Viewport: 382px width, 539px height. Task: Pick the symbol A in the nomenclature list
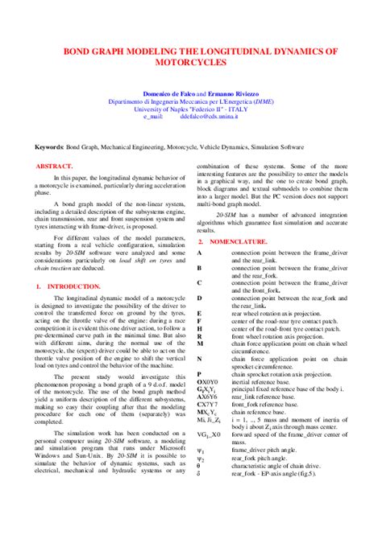[x=199, y=253]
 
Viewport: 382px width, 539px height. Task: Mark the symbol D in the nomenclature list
[x=199, y=298]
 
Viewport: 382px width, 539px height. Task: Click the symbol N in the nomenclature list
[x=199, y=358]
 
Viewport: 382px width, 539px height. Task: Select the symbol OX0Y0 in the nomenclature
[x=207, y=382]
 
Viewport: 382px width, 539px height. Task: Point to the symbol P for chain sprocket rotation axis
[x=199, y=374]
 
